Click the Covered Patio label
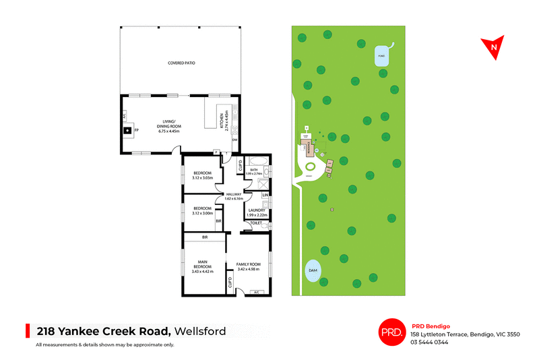click(x=181, y=63)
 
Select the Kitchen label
click(x=221, y=121)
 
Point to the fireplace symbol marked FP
click(x=129, y=129)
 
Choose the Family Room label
click(x=248, y=266)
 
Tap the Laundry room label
click(x=256, y=212)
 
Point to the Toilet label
click(x=256, y=222)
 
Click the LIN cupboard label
click(x=265, y=196)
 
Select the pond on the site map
click(x=383, y=56)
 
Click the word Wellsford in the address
click(x=202, y=331)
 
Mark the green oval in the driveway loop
click(x=311, y=167)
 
